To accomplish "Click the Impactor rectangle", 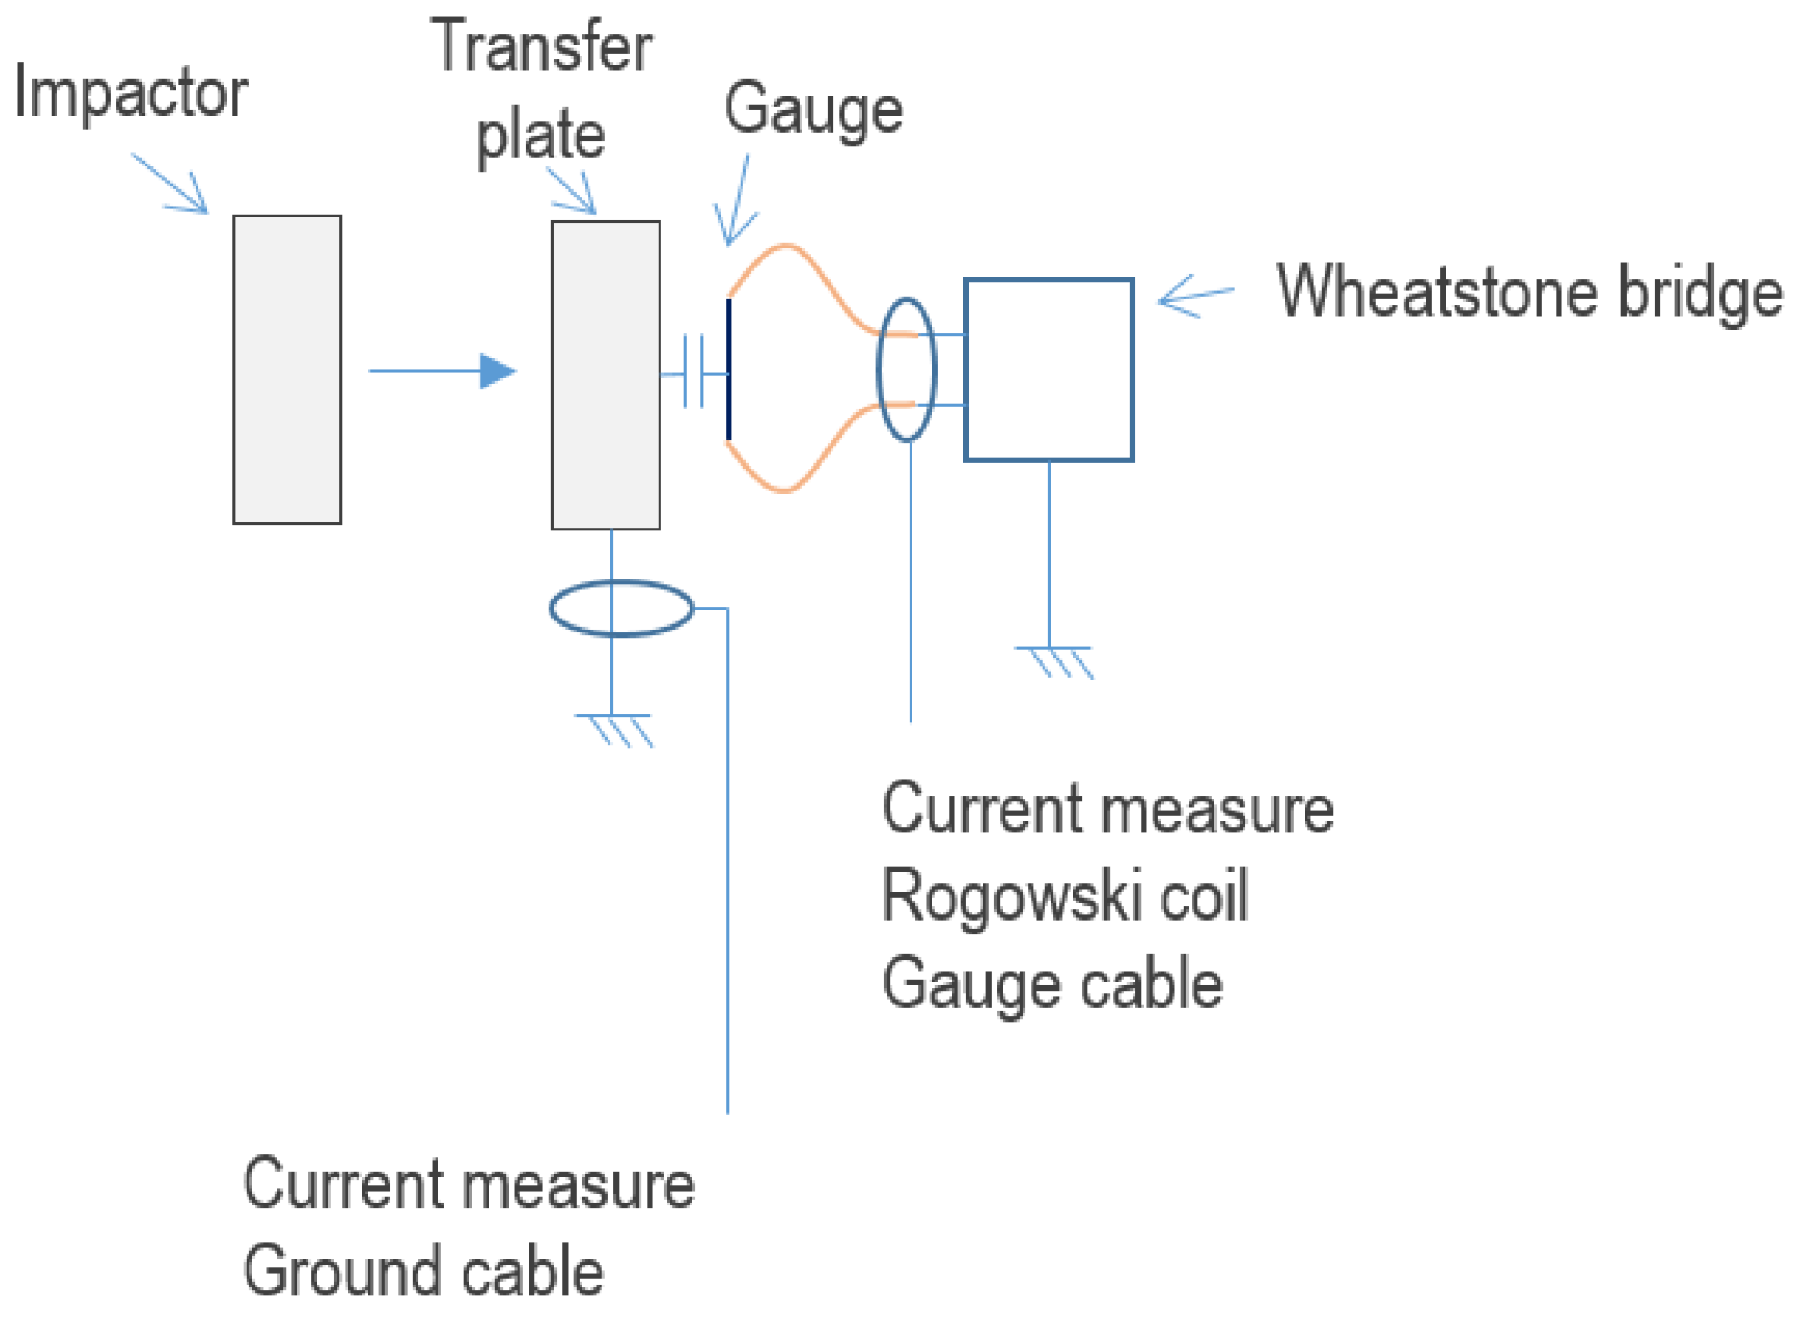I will point(287,369).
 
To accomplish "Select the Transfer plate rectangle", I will point(605,375).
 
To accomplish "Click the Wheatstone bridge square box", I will point(1048,369).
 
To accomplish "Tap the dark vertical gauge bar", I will point(729,369).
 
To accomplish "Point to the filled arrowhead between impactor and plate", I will point(497,371).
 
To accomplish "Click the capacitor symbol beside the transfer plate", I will point(693,372).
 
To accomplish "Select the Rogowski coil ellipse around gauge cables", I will point(906,369).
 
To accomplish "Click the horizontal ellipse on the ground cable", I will point(621,607).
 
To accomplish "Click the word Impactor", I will point(130,93).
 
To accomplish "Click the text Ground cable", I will point(423,1270).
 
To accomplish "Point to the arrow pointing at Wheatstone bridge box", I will point(1194,297).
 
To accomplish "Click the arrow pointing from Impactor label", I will point(173,186).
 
